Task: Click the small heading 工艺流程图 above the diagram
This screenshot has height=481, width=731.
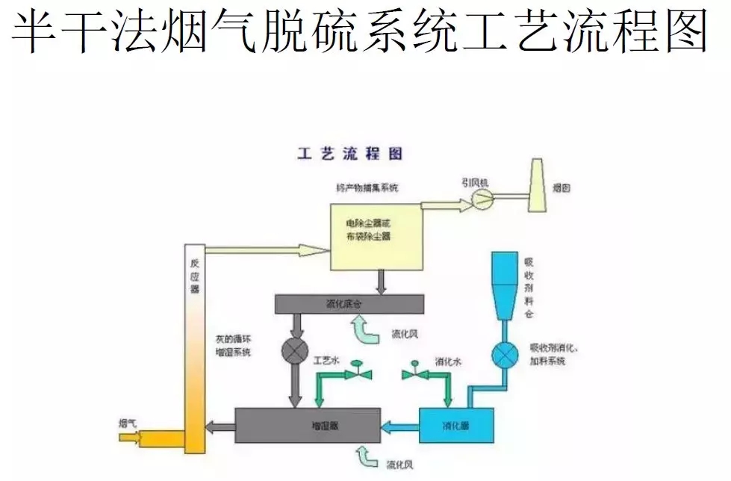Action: coord(349,154)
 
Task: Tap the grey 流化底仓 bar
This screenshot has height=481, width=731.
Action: coord(349,304)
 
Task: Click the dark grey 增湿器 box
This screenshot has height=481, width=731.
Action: coord(308,426)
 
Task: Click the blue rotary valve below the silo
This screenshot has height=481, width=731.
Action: coord(506,354)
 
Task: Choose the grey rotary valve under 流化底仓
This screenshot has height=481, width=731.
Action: coord(290,350)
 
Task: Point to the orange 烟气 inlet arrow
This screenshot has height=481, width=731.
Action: coord(153,438)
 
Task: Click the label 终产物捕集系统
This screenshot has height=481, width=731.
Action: coord(367,187)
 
